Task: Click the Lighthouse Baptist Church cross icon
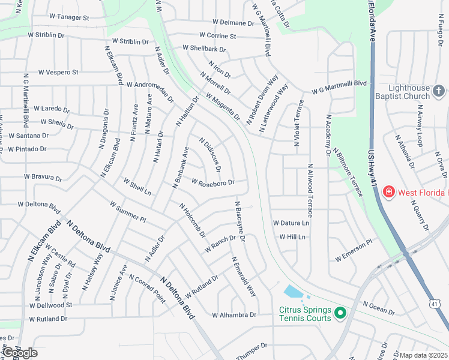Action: (x=439, y=91)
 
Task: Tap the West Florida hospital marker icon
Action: (x=388, y=192)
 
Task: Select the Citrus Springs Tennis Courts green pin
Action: (x=340, y=313)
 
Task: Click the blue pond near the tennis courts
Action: (x=294, y=292)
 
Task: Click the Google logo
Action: (x=19, y=353)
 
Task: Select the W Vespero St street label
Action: (x=58, y=72)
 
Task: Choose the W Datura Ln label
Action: (x=291, y=223)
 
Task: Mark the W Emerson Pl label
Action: (x=354, y=250)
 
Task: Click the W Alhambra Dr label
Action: (x=234, y=315)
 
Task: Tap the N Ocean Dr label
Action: (x=379, y=308)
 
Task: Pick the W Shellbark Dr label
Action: (x=203, y=47)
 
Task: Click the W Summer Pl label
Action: (x=128, y=212)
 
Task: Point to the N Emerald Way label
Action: (x=244, y=277)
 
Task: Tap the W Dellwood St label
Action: (x=50, y=305)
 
